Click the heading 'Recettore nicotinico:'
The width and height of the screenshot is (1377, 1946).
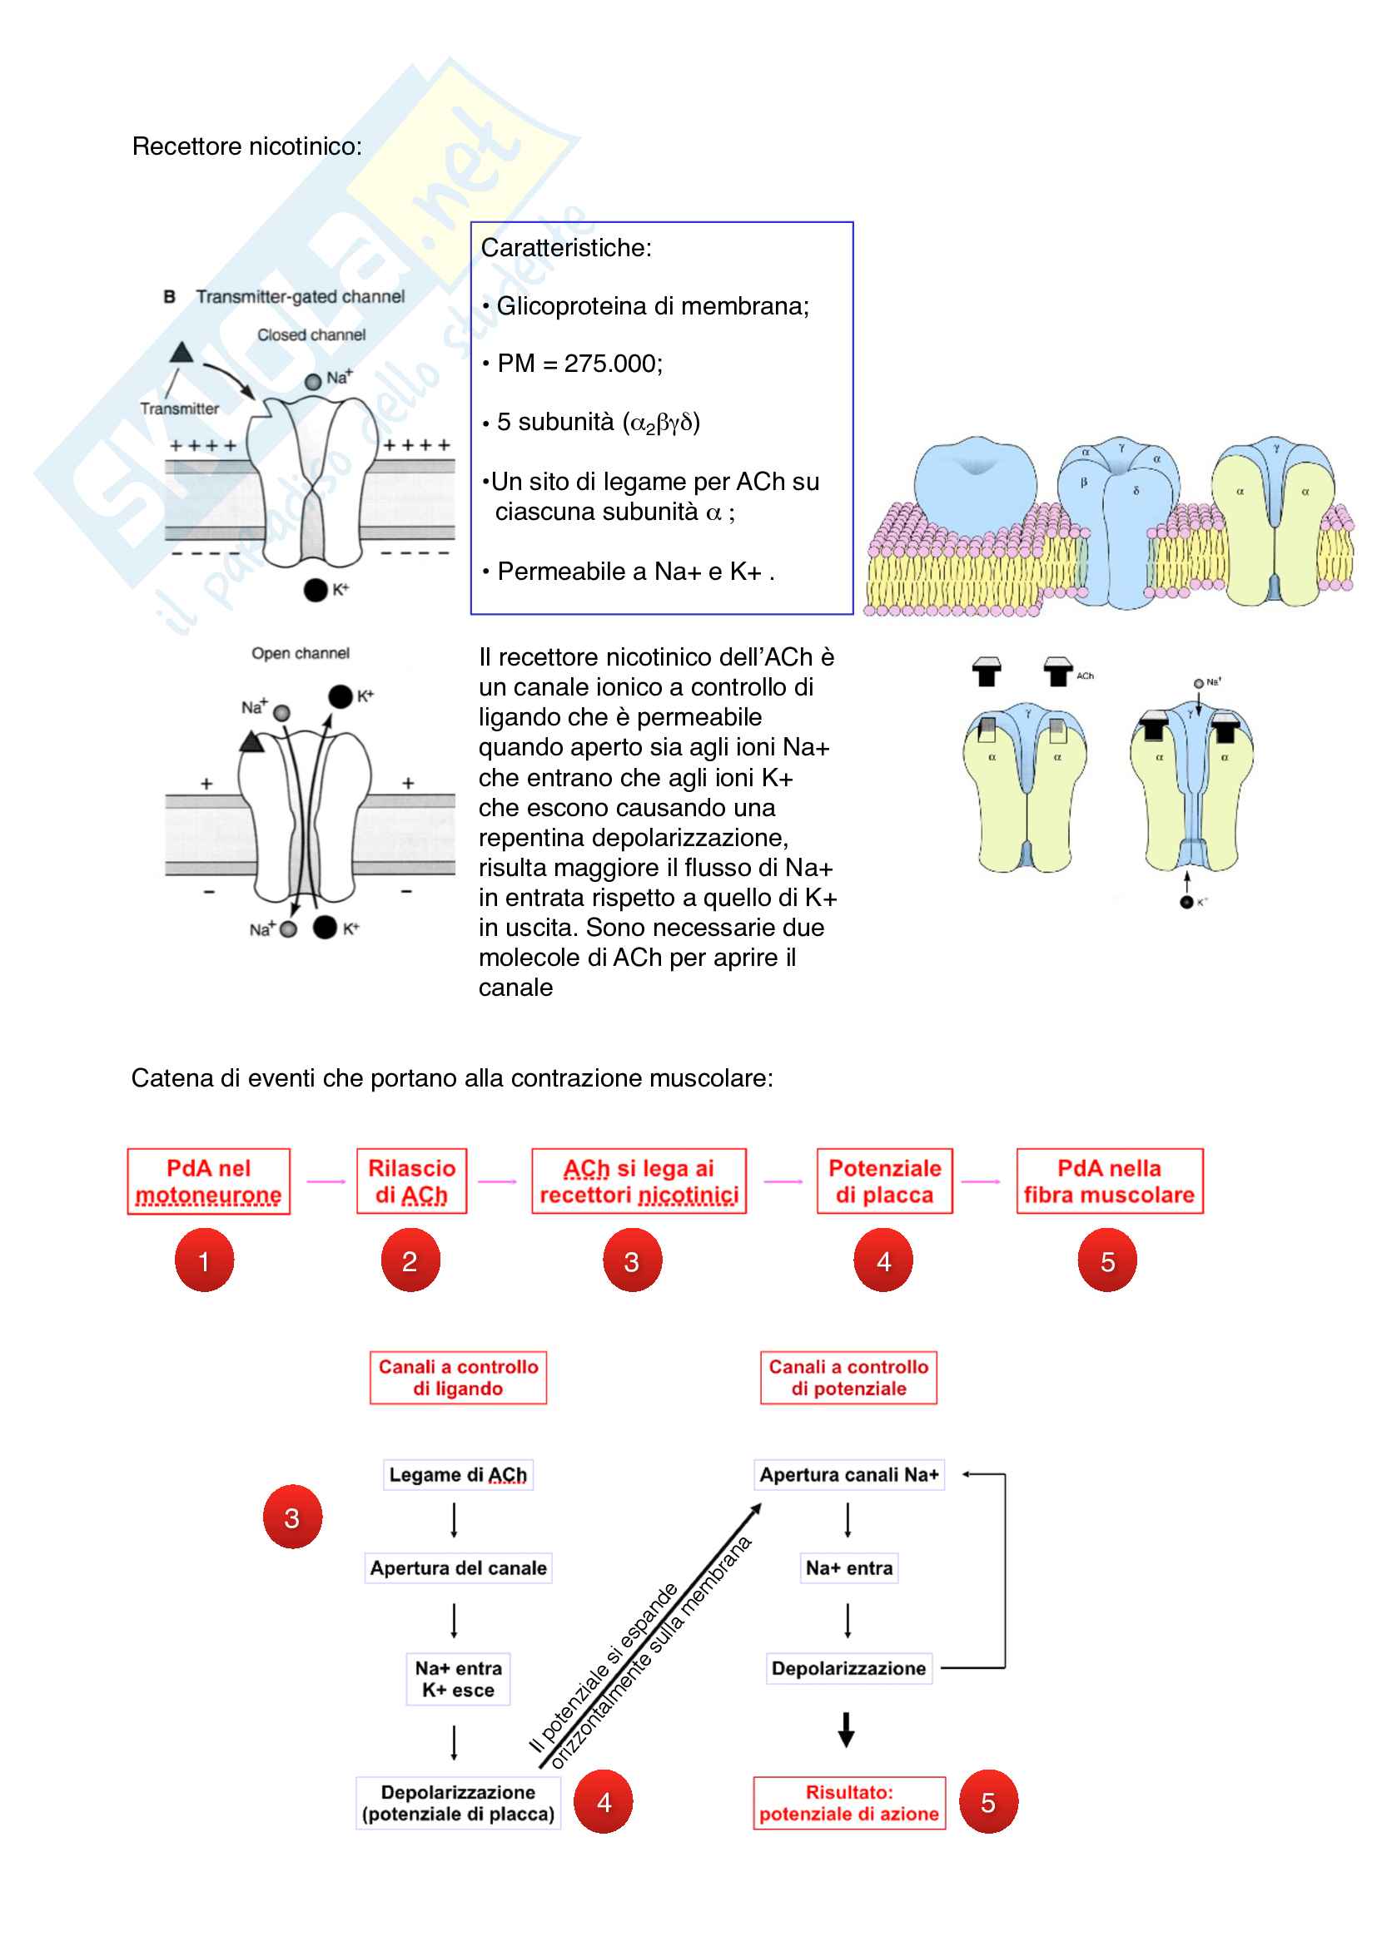coord(246,146)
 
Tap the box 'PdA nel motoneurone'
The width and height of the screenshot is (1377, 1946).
coord(209,1181)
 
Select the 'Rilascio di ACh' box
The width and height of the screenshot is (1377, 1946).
coord(411,1181)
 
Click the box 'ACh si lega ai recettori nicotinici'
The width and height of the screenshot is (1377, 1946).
coord(639,1181)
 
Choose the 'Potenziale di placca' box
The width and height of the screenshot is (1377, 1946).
coord(884,1181)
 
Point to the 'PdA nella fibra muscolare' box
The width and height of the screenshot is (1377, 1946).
coord(1109,1181)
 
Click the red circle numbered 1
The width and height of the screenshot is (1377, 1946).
coord(204,1260)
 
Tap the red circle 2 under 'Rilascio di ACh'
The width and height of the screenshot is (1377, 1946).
coord(410,1260)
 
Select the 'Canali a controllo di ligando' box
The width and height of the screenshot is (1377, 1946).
coord(458,1377)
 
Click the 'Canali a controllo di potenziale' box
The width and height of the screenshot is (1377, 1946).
coord(848,1377)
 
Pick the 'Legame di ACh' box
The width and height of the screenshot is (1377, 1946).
coord(458,1475)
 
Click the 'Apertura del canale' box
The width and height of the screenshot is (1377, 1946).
coord(458,1568)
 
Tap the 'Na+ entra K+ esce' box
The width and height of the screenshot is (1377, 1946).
coord(458,1679)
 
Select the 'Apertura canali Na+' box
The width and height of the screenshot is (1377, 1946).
coord(848,1475)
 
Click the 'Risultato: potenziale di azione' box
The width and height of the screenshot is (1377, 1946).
coord(848,1803)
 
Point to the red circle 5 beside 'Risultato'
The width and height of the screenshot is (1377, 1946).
coord(988,1802)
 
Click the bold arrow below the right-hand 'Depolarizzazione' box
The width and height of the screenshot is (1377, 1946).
coord(846,1729)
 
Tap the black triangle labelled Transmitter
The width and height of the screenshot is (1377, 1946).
coord(181,353)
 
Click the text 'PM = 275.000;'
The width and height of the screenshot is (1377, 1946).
coord(579,364)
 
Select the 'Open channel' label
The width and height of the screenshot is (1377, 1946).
coord(301,653)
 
